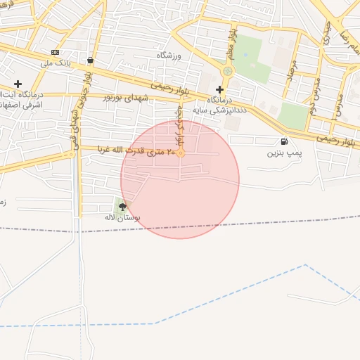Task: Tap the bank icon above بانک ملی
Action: [x=55, y=53]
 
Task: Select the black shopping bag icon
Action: [x=91, y=60]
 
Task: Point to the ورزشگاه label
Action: [x=168, y=55]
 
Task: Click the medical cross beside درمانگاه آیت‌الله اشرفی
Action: [x=18, y=84]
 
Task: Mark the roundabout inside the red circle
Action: [x=181, y=153]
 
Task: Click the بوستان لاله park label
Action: [x=122, y=218]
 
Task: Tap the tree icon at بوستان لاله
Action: [x=123, y=207]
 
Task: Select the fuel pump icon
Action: [x=283, y=141]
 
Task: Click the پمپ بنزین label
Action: [x=284, y=152]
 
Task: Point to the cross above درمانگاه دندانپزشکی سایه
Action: [x=220, y=89]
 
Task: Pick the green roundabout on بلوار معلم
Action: [x=226, y=71]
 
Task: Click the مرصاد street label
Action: [x=290, y=68]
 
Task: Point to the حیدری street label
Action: [x=326, y=32]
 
